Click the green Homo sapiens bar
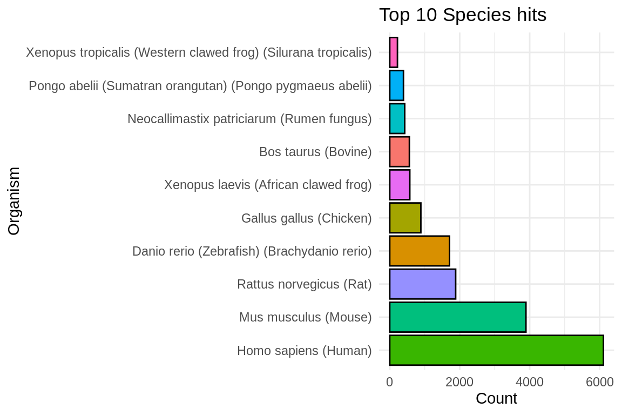coord(496,350)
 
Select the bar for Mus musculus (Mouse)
coord(457,317)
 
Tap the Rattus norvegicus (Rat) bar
coord(422,284)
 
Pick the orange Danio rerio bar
coord(419,251)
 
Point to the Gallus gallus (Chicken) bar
coord(405,218)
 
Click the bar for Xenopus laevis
coord(400,185)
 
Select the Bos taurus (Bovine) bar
coord(399,152)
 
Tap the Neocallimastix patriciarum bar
coord(397,119)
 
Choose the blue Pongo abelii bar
coord(396,86)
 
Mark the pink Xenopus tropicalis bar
coord(394,52)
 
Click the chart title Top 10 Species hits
coord(462,15)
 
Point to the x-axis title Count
coord(496,399)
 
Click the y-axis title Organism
coord(14,201)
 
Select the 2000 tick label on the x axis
coord(459,382)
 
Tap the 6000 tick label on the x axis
coord(599,382)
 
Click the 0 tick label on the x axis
coord(389,382)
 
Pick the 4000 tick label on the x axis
coord(530,382)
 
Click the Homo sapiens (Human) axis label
coord(304,351)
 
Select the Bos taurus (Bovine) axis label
coord(315,152)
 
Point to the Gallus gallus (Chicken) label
coord(306,219)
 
